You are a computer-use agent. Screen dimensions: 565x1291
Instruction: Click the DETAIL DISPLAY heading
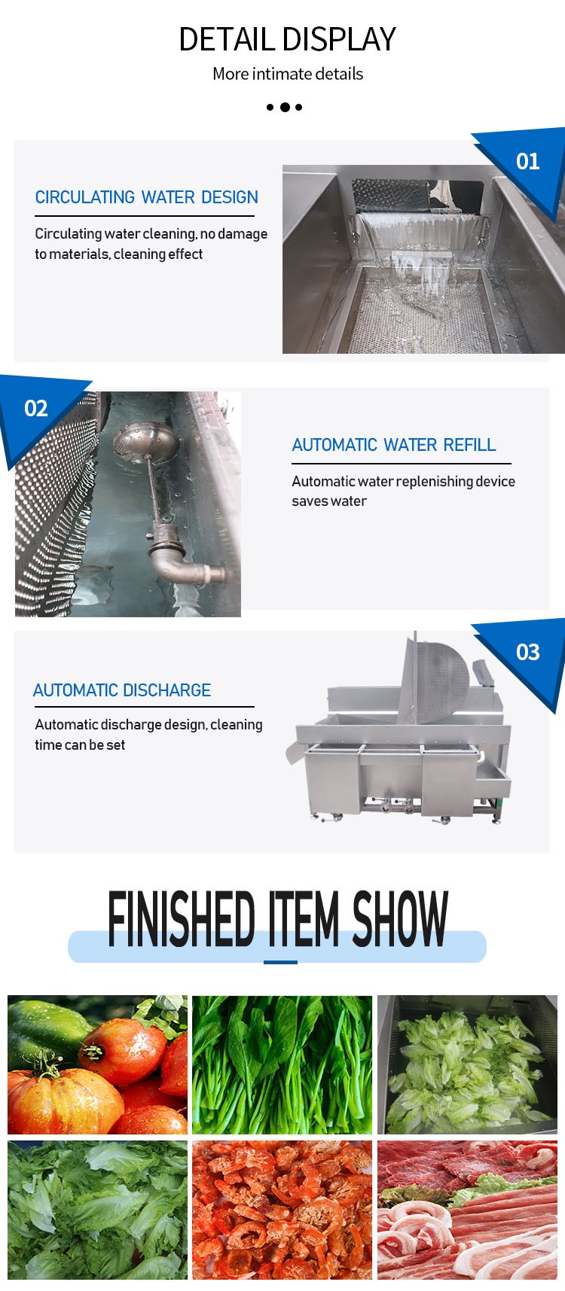coord(287,39)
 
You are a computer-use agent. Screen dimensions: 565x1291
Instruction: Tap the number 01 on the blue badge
coord(527,162)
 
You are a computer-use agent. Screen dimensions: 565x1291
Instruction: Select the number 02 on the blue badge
coord(36,409)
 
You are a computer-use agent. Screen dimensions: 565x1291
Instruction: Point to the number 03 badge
coord(527,652)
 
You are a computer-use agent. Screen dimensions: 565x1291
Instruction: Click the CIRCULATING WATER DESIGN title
coord(147,197)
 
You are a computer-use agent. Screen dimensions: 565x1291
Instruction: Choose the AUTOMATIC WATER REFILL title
coord(394,445)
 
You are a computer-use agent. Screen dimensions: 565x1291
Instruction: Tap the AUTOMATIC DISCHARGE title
coord(122,690)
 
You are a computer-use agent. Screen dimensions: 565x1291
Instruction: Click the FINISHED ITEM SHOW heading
coord(278,918)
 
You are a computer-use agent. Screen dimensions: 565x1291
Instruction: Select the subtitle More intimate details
coord(288,74)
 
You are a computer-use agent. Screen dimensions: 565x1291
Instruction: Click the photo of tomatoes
coord(98,1065)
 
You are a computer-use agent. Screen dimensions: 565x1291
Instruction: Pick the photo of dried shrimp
coord(282,1210)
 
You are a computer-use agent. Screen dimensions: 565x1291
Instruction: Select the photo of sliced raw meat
coord(467,1210)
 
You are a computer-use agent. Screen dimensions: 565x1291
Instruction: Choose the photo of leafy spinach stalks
coord(282,1065)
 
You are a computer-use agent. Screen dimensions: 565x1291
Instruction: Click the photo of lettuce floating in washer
coord(467,1065)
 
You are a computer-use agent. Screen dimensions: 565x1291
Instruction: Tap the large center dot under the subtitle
coord(285,107)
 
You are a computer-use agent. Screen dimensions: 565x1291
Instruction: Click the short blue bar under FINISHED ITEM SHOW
coord(280,962)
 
